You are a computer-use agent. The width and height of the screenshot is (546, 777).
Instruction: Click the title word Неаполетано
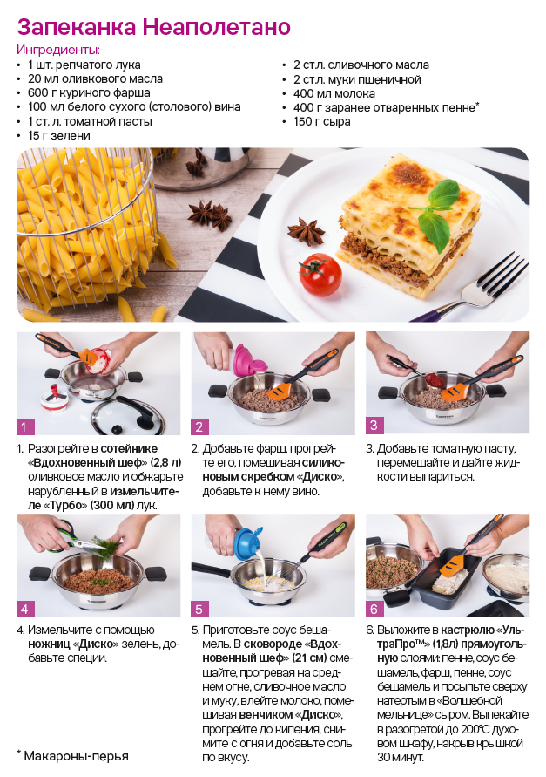(x=216, y=27)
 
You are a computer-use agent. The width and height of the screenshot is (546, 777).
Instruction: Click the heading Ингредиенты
(x=58, y=50)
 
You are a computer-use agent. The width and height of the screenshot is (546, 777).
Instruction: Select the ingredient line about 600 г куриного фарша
(x=89, y=92)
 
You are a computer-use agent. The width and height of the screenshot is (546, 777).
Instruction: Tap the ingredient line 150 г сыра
(x=321, y=121)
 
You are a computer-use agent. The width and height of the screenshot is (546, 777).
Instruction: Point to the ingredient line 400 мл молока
(x=334, y=93)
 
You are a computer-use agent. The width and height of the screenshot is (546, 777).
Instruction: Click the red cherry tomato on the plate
(x=320, y=275)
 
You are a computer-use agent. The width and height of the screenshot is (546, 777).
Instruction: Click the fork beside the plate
(x=470, y=288)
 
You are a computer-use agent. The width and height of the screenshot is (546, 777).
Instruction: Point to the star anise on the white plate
(x=306, y=230)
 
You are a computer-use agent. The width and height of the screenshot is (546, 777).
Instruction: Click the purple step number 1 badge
(x=25, y=426)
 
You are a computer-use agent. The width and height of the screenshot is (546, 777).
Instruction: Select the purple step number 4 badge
(x=25, y=608)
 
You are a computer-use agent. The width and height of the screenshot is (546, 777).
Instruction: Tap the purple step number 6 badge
(x=374, y=608)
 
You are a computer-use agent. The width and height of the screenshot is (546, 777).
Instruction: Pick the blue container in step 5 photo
(x=249, y=542)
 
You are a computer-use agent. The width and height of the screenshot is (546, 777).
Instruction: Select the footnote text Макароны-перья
(x=77, y=756)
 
